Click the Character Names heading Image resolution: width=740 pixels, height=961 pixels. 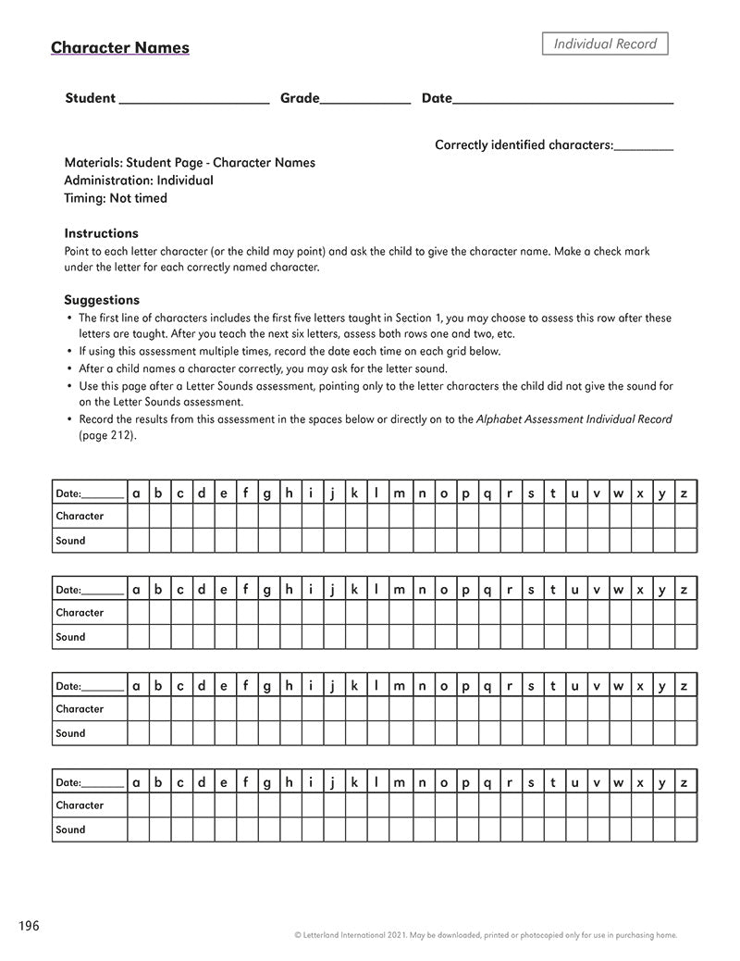click(x=120, y=47)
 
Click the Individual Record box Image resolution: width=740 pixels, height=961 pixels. click(x=605, y=44)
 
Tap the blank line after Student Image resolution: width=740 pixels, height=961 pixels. click(x=194, y=100)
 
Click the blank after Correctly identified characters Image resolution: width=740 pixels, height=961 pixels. click(x=644, y=146)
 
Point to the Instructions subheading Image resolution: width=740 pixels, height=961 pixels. click(x=101, y=233)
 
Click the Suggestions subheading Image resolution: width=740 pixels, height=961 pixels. click(x=102, y=300)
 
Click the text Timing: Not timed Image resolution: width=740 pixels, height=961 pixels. click(x=116, y=198)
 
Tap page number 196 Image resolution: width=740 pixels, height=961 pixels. click(x=29, y=926)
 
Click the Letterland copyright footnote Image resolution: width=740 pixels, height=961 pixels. click(x=486, y=935)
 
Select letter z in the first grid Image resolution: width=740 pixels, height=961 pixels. click(x=684, y=493)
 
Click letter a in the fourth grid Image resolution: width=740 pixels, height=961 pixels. click(x=137, y=782)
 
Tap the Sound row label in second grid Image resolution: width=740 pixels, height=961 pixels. click(x=70, y=637)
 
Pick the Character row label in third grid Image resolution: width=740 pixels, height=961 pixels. click(x=80, y=709)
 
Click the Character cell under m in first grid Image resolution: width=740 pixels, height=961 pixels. click(x=399, y=517)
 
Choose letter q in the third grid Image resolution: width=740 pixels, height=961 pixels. click(x=487, y=686)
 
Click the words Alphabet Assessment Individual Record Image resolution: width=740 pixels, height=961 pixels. click(x=573, y=419)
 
